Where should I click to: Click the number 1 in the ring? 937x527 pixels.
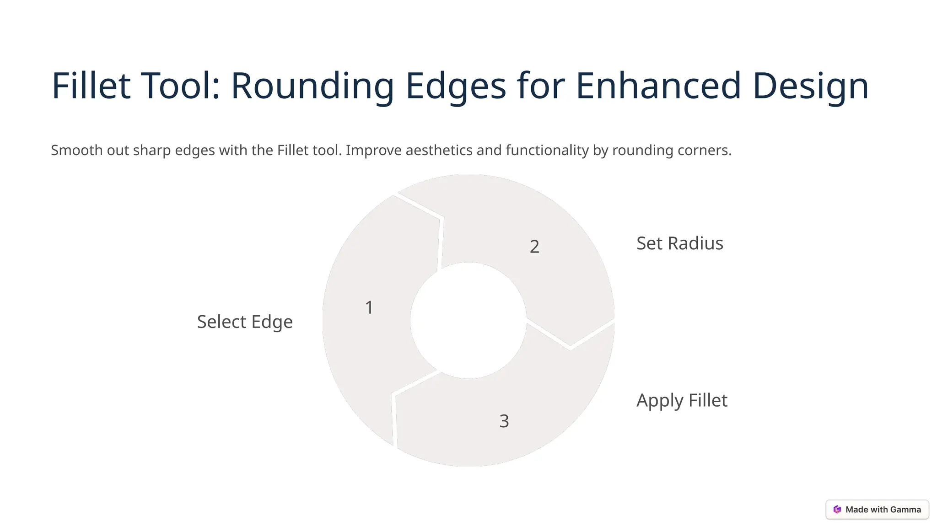(x=369, y=308)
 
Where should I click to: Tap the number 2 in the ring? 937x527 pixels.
(x=534, y=247)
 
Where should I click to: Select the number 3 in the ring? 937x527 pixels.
(x=504, y=421)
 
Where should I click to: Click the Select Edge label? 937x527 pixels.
(x=245, y=322)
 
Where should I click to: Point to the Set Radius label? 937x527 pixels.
(x=679, y=243)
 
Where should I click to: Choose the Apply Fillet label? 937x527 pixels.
(x=682, y=400)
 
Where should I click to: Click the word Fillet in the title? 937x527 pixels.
(x=91, y=86)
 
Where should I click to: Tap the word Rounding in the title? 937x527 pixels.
(x=312, y=86)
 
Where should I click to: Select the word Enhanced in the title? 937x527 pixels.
(x=658, y=86)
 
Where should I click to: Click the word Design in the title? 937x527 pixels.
(x=810, y=86)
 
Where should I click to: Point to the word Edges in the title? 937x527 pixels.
(x=456, y=86)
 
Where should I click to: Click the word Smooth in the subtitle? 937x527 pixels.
(x=77, y=150)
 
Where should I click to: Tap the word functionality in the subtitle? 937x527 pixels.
(x=547, y=150)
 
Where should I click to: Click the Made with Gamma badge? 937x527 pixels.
(x=877, y=510)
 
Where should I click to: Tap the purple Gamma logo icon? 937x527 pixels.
(x=837, y=510)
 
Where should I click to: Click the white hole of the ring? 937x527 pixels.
(x=468, y=320)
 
